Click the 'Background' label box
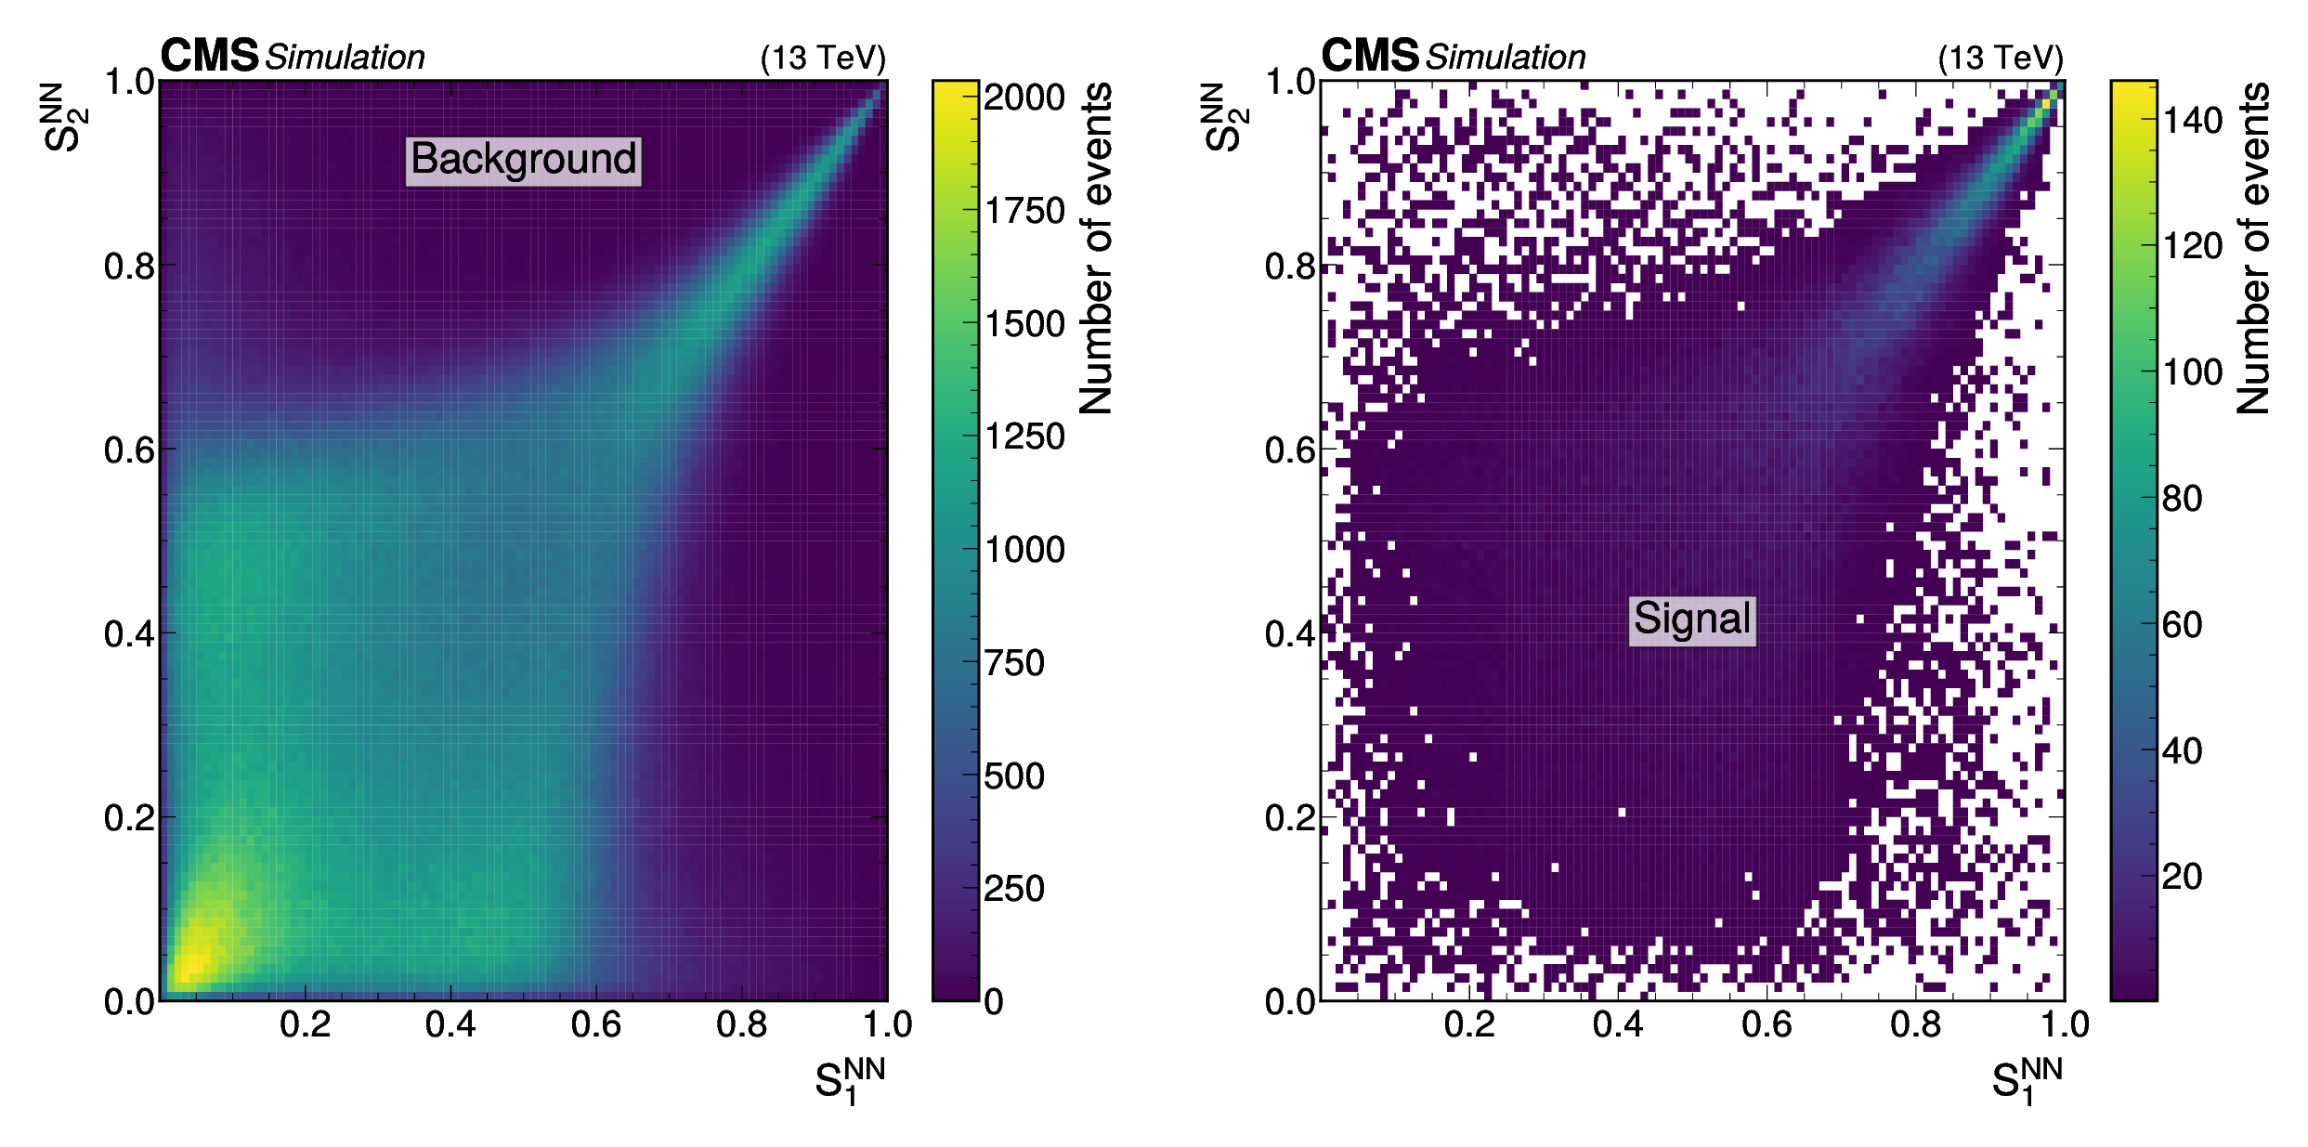[524, 160]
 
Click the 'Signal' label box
[1692, 619]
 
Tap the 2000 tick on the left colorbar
[1024, 98]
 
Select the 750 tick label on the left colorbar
[1014, 663]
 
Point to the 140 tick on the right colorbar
[2192, 121]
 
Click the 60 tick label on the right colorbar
[2182, 625]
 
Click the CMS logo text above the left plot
[209, 56]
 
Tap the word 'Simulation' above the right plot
[1506, 58]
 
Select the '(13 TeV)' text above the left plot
[823, 59]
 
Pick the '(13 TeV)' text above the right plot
[2001, 59]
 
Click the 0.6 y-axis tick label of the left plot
[128, 450]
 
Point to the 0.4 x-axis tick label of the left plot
[450, 1024]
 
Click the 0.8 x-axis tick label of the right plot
[1915, 1024]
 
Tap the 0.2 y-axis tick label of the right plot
[1289, 818]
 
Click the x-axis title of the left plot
[850, 1080]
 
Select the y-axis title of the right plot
[1226, 117]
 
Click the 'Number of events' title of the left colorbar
[1096, 248]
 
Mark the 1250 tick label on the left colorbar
[1024, 437]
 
